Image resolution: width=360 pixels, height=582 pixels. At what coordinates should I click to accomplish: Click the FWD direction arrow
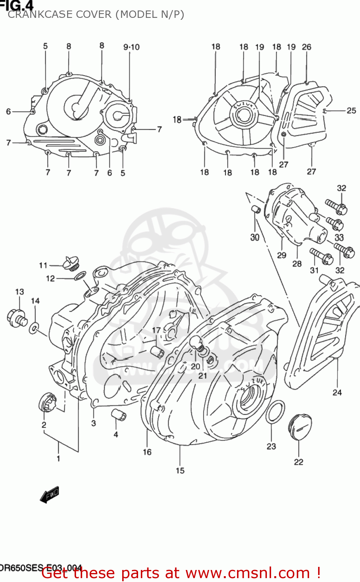(x=50, y=495)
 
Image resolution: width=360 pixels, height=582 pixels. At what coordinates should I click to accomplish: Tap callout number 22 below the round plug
(x=298, y=462)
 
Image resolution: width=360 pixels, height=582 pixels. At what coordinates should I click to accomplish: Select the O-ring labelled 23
(x=275, y=412)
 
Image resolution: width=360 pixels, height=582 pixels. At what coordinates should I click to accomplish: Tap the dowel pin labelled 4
(x=119, y=414)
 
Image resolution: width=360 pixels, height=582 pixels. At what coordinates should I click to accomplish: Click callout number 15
(x=180, y=471)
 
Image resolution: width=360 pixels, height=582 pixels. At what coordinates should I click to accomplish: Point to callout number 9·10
(x=132, y=47)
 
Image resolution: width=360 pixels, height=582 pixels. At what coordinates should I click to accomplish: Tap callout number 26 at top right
(x=306, y=47)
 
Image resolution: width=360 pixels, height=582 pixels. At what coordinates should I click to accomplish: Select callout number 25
(x=351, y=111)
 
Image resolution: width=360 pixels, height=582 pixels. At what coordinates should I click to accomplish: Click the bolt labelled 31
(x=321, y=256)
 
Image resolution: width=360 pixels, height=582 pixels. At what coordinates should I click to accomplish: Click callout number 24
(x=337, y=392)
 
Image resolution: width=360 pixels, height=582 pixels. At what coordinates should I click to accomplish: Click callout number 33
(x=339, y=237)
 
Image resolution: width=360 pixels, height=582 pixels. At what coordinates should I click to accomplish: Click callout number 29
(x=282, y=255)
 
